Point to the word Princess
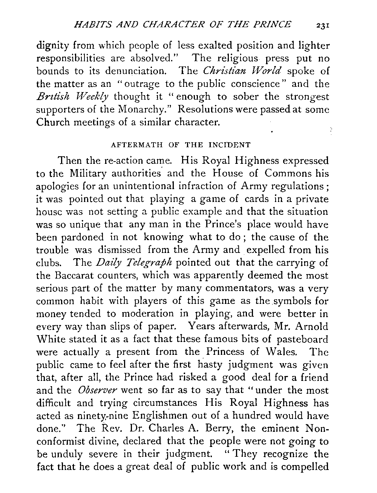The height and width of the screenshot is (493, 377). click(230, 352)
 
